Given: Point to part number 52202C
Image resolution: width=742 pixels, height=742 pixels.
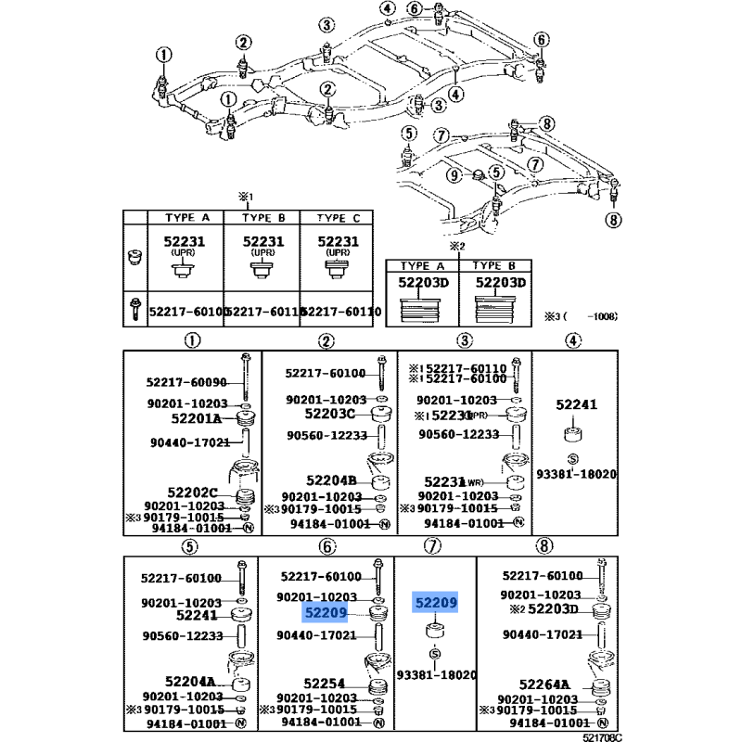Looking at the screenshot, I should [192, 492].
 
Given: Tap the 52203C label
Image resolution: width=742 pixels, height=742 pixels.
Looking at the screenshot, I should [329, 414].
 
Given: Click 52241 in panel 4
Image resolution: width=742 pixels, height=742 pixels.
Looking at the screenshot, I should [576, 404].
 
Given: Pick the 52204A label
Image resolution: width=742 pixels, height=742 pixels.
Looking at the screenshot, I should [196, 682].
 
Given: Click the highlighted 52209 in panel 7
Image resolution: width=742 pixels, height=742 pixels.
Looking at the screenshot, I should [436, 603].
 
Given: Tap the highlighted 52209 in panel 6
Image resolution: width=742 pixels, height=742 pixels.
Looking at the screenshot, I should [324, 613].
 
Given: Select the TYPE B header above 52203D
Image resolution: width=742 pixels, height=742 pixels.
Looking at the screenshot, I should [500, 264].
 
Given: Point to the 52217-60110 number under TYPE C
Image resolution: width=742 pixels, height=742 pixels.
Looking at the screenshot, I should [341, 313].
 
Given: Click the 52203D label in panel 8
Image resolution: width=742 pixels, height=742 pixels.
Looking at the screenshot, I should [553, 608].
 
